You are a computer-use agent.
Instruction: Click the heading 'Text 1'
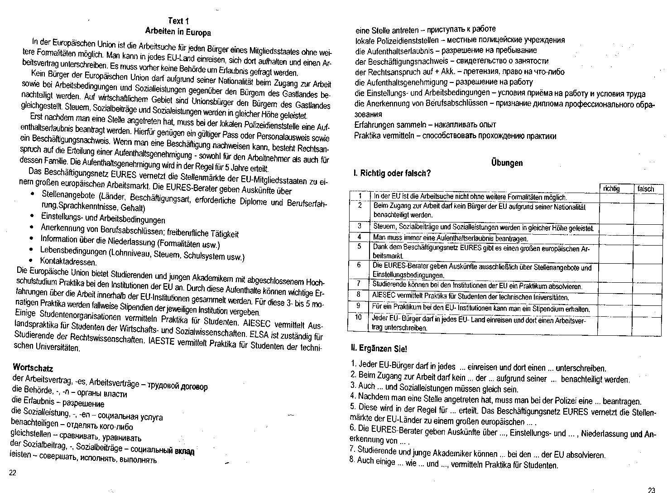(178, 21)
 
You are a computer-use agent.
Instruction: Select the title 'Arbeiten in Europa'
(178, 32)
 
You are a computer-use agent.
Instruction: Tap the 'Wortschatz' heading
(33, 367)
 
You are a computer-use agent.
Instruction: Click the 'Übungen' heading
(507, 163)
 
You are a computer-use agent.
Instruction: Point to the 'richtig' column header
(611, 189)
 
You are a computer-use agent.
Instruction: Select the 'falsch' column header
(645, 189)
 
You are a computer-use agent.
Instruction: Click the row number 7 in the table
(359, 284)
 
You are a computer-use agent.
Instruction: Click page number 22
(12, 473)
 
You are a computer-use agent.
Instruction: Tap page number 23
(651, 489)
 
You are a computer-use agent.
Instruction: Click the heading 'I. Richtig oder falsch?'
(392, 174)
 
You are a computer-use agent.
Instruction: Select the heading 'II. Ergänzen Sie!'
(379, 349)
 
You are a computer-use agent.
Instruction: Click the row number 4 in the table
(359, 237)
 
